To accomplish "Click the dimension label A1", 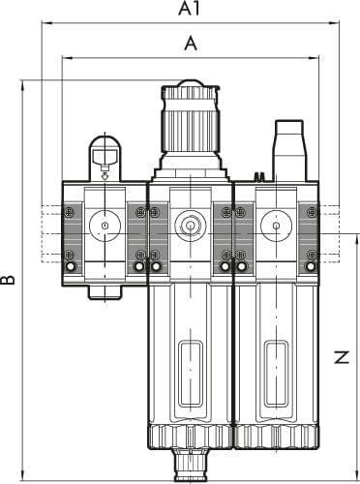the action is tap(190, 9).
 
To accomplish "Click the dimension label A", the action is tap(191, 44).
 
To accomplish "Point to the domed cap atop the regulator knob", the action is tap(191, 83).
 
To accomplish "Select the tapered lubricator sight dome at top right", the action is tap(289, 151).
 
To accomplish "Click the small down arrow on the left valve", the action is tap(105, 176).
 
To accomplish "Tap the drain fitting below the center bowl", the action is tap(191, 465).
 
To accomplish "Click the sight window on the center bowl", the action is tap(191, 374).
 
